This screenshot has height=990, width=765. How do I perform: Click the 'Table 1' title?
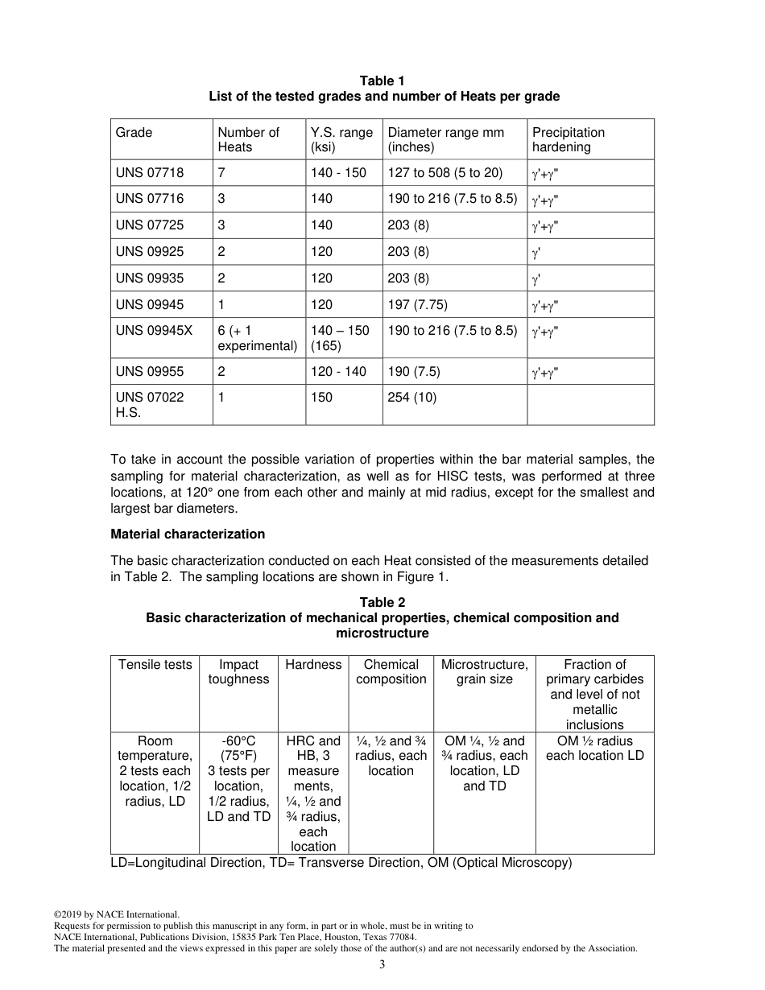coord(382,80)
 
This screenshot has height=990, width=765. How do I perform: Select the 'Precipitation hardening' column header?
coord(568,140)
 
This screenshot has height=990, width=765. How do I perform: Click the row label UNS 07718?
coord(150,173)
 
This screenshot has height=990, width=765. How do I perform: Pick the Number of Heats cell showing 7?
coord(221,173)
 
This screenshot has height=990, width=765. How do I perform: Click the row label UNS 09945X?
coord(154,331)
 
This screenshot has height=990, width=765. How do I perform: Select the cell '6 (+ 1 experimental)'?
coord(257,338)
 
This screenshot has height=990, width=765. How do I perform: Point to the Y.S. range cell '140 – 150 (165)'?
coord(340,338)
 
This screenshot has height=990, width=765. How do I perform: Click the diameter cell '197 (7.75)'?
coord(417,305)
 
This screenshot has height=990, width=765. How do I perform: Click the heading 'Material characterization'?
coord(188,534)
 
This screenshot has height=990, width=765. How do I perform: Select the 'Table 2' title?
coord(382,603)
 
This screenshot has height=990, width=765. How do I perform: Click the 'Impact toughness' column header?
coord(238,672)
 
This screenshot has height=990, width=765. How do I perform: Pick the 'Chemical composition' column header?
coord(391,672)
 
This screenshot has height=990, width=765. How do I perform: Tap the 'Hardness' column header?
coord(313,665)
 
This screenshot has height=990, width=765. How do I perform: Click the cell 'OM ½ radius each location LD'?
coord(594,749)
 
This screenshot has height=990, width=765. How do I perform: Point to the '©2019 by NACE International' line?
coord(116,914)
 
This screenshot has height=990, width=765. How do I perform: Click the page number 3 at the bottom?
coord(382,965)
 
